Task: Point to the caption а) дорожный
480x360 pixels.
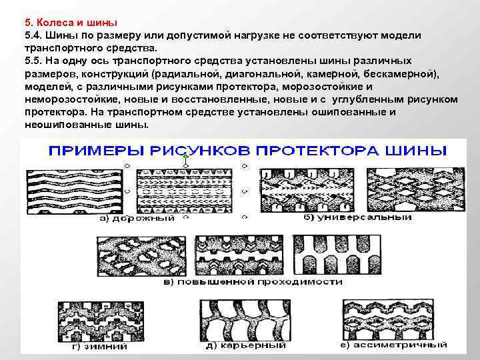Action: coord(137,218)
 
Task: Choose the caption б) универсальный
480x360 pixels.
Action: coord(356,217)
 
